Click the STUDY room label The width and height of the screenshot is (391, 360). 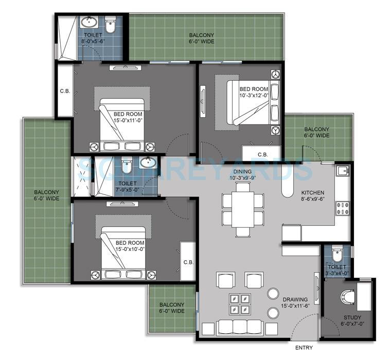pyautogui.click(x=352, y=317)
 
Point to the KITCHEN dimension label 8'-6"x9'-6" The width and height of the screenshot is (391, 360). pyautogui.click(x=316, y=199)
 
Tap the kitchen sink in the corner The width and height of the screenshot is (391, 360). pyautogui.click(x=342, y=171)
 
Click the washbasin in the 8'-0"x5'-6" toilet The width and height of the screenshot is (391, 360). pyautogui.click(x=87, y=23)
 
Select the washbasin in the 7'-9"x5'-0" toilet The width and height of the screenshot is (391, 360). pyautogui.click(x=148, y=164)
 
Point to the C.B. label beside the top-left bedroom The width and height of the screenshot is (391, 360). pyautogui.click(x=65, y=92)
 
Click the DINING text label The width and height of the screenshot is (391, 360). pyautogui.click(x=242, y=171)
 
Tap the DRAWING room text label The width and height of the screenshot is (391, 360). pyautogui.click(x=294, y=299)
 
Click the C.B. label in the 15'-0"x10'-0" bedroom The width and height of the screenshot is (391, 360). pyautogui.click(x=188, y=262)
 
